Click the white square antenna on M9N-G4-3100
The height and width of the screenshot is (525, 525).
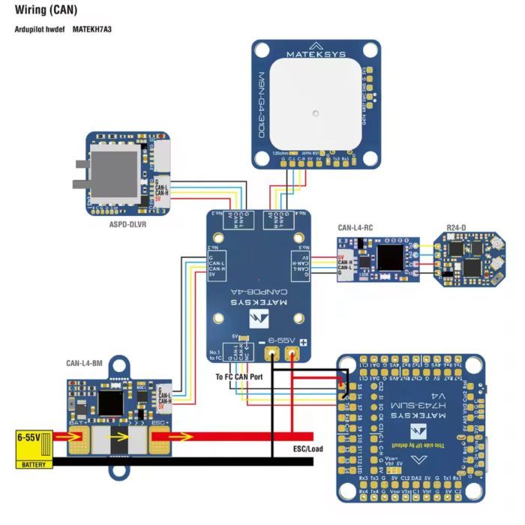[316, 111]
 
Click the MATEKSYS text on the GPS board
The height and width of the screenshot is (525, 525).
[315, 54]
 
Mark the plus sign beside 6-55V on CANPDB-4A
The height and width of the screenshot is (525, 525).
[304, 342]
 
